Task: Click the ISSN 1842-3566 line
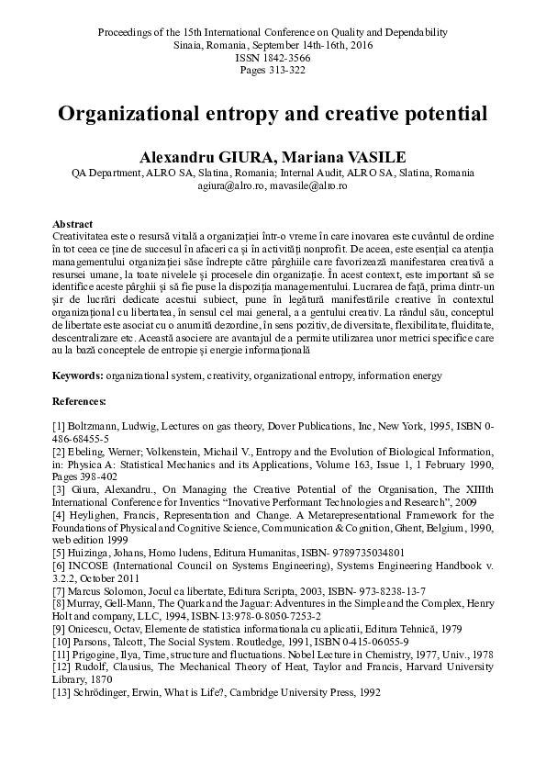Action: click(x=273, y=56)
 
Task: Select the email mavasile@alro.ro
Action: click(x=307, y=186)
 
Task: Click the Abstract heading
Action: click(x=72, y=224)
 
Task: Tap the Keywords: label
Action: click(x=78, y=375)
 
